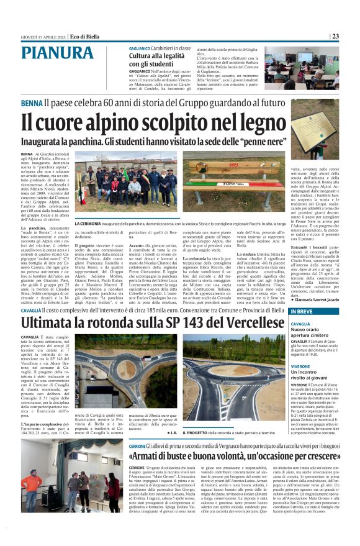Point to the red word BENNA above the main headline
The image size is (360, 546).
32,103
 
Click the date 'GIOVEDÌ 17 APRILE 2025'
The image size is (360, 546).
41,36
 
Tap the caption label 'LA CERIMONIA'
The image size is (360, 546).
88,223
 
